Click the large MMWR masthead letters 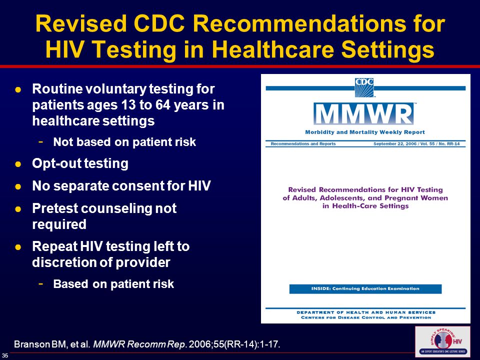[x=363, y=114]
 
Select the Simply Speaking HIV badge [x=442, y=341]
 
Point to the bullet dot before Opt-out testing [x=17, y=164]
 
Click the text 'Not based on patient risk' [x=124, y=142]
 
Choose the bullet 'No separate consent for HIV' [x=121, y=186]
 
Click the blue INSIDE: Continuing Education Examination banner [x=365, y=289]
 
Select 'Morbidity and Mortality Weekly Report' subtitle [x=365, y=132]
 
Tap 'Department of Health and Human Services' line [x=365, y=312]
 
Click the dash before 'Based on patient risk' [x=41, y=283]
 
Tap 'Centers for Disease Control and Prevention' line [x=365, y=317]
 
